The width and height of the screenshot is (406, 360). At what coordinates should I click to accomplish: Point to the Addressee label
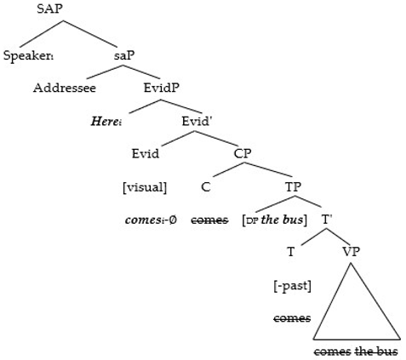64,87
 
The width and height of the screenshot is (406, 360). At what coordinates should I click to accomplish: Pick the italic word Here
108,121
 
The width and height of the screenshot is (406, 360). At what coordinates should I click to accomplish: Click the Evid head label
145,154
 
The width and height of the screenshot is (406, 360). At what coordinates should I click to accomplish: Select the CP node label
243,154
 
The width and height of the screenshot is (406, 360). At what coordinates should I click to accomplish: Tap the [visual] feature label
145,187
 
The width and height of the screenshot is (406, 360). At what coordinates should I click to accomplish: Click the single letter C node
206,187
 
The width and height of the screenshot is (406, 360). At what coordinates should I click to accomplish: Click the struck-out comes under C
209,220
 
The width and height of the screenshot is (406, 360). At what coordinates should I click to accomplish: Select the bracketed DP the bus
275,220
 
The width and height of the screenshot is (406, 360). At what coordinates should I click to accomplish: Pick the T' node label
327,220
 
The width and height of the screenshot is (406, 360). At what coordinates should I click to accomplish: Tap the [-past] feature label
292,285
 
